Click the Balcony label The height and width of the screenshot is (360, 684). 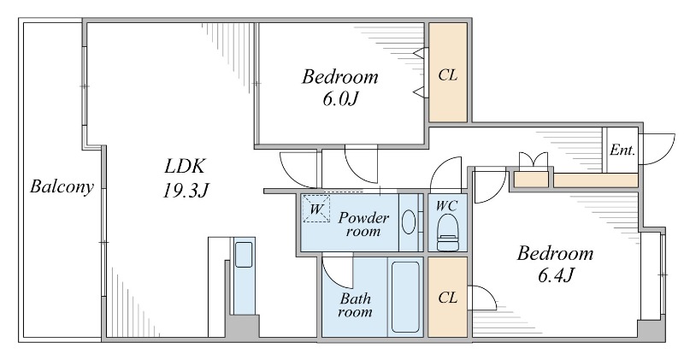click(61, 187)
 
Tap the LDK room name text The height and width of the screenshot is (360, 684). click(186, 165)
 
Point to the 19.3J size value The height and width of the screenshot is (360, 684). click(186, 190)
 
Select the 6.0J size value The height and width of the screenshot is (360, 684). click(339, 99)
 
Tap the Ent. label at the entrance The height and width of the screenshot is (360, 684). click(622, 150)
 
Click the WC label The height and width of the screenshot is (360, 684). click(446, 205)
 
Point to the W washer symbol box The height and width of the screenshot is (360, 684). click(316, 209)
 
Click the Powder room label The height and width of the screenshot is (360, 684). click(363, 225)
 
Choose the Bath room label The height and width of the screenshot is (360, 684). click(355, 305)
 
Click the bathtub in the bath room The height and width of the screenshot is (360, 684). click(405, 298)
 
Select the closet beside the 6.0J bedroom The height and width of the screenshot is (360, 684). click(447, 73)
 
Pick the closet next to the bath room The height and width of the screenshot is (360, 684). click(447, 298)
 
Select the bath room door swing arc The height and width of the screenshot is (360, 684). click(336, 272)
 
